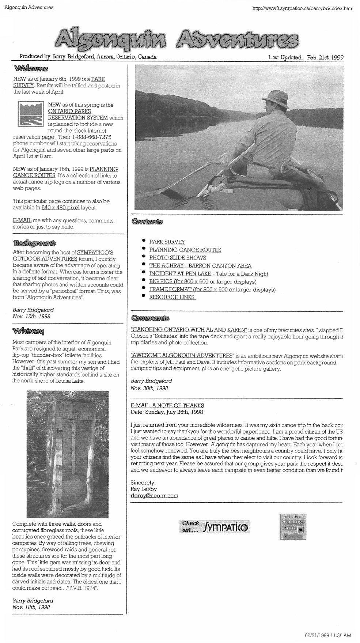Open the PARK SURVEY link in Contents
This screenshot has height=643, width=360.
tap(167, 242)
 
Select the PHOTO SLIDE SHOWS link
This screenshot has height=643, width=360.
tap(178, 258)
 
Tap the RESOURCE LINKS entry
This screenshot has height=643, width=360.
tap(172, 297)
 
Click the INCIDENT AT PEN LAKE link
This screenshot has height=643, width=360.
tap(208, 274)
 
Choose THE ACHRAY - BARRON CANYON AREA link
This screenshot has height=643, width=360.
tap(200, 266)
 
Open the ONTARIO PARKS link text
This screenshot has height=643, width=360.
tap(69, 111)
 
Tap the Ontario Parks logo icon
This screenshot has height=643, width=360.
tap(30, 114)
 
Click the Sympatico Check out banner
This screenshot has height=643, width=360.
tap(214, 527)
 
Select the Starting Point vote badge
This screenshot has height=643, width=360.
tap(293, 527)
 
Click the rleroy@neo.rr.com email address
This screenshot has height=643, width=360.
tap(154, 496)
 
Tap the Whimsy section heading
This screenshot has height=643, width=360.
tap(29, 332)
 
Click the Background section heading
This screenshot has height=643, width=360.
tap(34, 243)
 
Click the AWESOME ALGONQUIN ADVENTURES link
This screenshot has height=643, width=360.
tap(182, 355)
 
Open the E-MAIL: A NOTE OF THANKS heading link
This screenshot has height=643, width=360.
tap(167, 405)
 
